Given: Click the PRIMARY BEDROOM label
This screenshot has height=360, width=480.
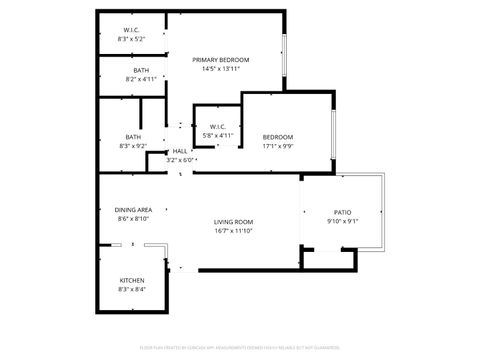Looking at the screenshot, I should (221, 60).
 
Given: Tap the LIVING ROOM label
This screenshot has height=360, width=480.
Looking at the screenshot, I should (233, 221).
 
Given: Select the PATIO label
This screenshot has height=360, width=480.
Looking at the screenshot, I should (342, 212).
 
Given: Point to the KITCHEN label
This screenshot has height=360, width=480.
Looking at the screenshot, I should (132, 280).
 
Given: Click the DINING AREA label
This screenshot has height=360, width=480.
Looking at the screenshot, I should (133, 210).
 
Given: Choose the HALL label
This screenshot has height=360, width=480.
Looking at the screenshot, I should (180, 151).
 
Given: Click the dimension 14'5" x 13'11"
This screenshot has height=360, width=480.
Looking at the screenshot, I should (221, 70).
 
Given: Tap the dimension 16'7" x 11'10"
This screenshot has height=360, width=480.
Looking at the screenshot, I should (233, 231).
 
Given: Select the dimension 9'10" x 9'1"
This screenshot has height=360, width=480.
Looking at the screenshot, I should (342, 222).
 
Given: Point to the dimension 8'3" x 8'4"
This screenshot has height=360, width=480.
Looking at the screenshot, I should (132, 290).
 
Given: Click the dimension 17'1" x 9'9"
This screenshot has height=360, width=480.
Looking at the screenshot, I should (277, 146).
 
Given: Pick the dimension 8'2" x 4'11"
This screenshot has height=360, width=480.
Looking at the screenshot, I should (128, 78).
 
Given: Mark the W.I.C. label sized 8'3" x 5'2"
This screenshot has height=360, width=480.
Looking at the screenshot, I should (131, 30).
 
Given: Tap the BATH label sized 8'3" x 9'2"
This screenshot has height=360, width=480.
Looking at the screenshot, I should (133, 137).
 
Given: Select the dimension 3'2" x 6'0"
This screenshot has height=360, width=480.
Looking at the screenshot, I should (180, 160).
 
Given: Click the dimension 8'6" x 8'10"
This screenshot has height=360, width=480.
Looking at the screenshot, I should (133, 219).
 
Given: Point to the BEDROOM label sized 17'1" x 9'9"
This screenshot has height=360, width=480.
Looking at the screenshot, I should (277, 137).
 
